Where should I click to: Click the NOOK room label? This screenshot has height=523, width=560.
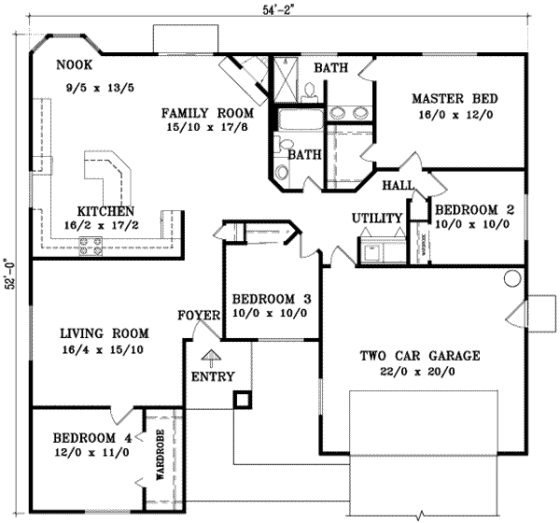coord(72,65)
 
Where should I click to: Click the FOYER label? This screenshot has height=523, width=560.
coord(198,316)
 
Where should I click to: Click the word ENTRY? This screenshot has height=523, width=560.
coord(212,377)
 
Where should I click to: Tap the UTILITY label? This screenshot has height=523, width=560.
coord(376,219)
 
